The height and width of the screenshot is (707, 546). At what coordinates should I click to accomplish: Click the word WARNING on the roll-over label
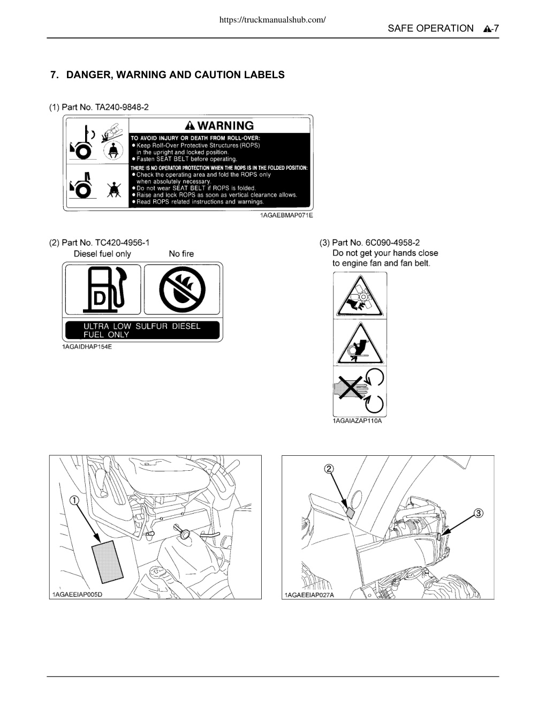click(x=225, y=125)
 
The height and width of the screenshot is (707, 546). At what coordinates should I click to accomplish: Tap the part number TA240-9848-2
click(x=122, y=107)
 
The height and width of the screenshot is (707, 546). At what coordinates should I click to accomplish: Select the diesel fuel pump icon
click(x=104, y=289)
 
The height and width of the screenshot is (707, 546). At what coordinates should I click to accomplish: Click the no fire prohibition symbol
click(x=182, y=289)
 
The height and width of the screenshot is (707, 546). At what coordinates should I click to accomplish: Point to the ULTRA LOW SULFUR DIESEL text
click(x=142, y=326)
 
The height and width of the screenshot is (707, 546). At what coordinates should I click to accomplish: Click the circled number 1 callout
click(x=74, y=500)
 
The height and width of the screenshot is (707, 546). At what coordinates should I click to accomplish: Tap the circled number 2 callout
click(x=329, y=469)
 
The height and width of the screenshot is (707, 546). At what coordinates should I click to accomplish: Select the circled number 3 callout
click(x=479, y=513)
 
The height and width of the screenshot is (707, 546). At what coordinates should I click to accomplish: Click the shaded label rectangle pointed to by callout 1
click(x=108, y=562)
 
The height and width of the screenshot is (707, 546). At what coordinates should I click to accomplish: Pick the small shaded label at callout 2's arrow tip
click(x=351, y=513)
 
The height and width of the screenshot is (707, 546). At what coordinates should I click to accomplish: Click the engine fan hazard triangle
click(x=360, y=297)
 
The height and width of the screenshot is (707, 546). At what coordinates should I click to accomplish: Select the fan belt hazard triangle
click(x=360, y=344)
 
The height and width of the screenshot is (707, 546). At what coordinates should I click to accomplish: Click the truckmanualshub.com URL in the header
click(x=272, y=20)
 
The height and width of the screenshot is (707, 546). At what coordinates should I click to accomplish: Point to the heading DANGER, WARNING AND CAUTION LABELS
click(x=175, y=75)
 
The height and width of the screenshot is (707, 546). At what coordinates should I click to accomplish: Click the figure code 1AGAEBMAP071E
click(x=286, y=215)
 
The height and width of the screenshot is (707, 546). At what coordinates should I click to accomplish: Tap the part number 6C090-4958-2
click(x=392, y=243)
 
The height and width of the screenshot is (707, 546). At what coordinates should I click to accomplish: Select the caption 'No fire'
click(x=181, y=254)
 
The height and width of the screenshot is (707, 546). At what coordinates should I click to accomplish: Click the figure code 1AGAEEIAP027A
click(x=309, y=595)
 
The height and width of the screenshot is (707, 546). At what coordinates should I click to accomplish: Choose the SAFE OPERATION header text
click(x=430, y=28)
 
